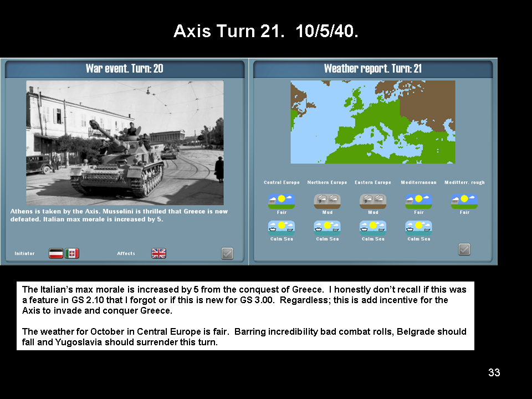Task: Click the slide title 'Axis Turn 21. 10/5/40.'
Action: click(266, 31)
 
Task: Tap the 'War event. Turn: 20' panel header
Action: click(125, 69)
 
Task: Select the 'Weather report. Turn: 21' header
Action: click(373, 69)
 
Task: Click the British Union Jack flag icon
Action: click(158, 253)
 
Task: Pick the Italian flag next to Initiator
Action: click(72, 253)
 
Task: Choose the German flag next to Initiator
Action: click(56, 253)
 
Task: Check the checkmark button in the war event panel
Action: click(227, 253)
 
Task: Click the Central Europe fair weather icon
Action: click(282, 201)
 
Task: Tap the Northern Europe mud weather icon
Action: click(327, 201)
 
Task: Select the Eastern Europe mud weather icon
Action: click(373, 201)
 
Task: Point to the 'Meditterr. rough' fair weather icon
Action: click(464, 201)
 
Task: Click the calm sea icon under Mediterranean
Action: click(419, 228)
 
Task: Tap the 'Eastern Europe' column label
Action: click(373, 182)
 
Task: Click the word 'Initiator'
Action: click(24, 253)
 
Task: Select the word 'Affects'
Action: click(126, 253)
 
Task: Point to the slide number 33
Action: click(494, 372)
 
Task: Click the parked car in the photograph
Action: click(39, 163)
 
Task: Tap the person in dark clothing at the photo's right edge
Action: click(219, 169)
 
